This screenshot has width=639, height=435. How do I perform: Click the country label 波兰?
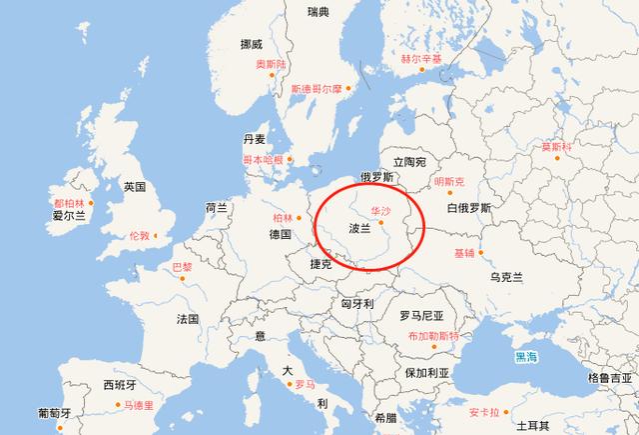click(x=358, y=228)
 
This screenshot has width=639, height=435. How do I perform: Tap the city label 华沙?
click(x=380, y=212)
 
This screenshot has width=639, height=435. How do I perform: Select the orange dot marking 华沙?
click(x=380, y=223)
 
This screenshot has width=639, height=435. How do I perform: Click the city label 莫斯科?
click(x=556, y=147)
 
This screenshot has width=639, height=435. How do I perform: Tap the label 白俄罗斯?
click(x=469, y=208)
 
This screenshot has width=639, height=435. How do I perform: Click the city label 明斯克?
click(x=450, y=182)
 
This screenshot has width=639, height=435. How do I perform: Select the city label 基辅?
click(x=464, y=252)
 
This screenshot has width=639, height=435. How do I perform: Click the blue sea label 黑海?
click(x=526, y=356)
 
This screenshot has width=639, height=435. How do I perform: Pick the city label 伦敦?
click(x=139, y=236)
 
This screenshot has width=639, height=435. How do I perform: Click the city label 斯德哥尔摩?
click(x=317, y=89)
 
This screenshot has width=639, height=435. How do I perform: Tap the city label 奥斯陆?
click(x=270, y=65)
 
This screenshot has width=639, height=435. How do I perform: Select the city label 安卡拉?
click(x=482, y=411)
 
